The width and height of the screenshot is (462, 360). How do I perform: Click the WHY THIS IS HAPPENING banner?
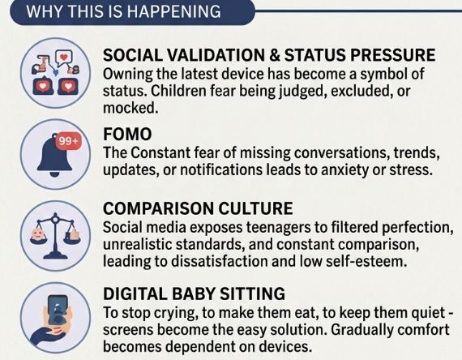pos(133,12)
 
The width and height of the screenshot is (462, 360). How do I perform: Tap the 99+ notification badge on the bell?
pos(68,141)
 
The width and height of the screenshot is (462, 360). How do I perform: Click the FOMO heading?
pos(127,134)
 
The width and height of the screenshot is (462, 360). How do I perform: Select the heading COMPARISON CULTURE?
pos(198,208)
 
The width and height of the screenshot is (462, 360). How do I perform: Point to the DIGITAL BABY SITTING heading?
pos(195,294)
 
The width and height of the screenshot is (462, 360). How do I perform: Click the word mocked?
pos(130,108)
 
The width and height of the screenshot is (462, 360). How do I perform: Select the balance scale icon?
pos(55,236)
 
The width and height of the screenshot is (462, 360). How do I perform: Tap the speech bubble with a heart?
pos(64,58)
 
